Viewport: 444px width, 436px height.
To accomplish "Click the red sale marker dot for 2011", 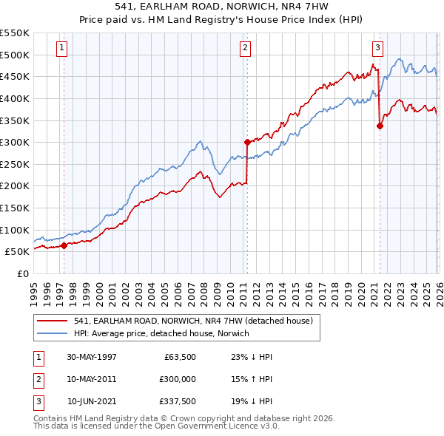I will (247, 142).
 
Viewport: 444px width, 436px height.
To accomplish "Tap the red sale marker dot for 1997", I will (64, 245).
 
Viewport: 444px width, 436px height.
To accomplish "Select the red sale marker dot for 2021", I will (380, 126).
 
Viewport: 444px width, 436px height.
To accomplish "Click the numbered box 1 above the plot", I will (61, 49).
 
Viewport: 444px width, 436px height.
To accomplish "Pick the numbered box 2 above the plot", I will (245, 49).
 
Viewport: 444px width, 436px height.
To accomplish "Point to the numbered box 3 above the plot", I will (377, 49).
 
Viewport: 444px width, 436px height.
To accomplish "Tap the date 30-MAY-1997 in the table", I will (92, 356).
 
